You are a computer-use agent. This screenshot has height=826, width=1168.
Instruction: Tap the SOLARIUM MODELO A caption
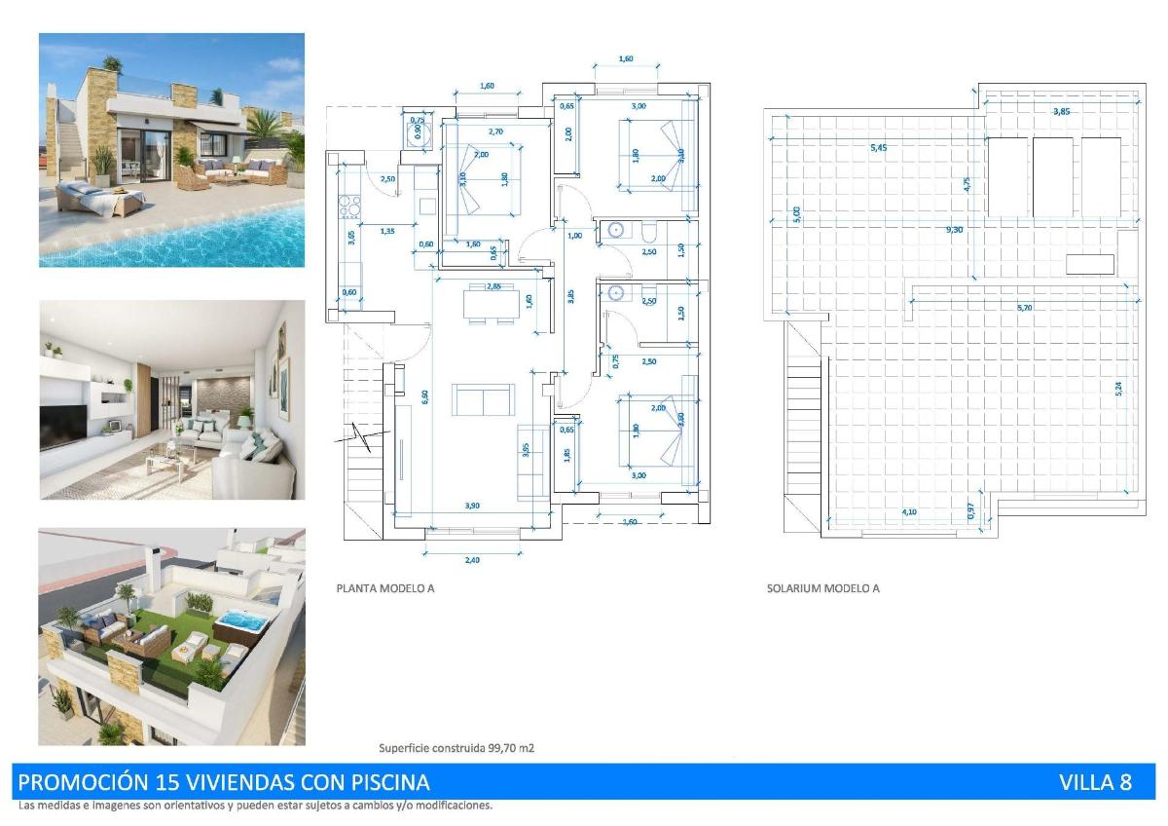click(x=822, y=588)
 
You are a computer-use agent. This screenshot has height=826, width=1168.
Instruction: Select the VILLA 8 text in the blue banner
click(x=1095, y=782)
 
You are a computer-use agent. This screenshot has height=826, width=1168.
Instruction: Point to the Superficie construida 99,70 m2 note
click(x=456, y=748)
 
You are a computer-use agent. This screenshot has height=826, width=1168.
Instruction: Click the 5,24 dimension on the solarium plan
click(x=1119, y=387)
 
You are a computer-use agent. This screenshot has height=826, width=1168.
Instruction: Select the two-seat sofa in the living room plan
click(x=483, y=400)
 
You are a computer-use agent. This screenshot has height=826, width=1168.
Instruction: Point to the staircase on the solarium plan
click(x=804, y=429)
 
